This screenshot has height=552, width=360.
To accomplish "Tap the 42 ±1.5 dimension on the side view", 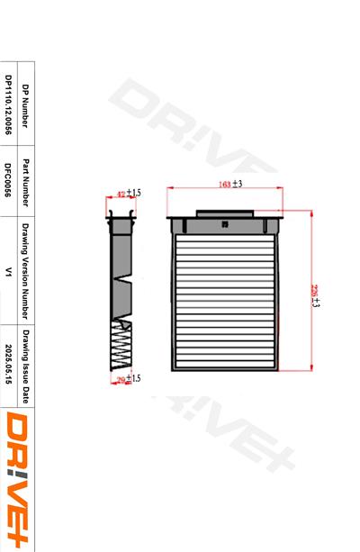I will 130,193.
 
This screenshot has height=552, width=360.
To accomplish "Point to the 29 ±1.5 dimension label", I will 130,378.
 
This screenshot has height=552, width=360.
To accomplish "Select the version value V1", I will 8,270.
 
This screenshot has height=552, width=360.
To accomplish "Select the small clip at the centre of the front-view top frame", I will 225,222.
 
